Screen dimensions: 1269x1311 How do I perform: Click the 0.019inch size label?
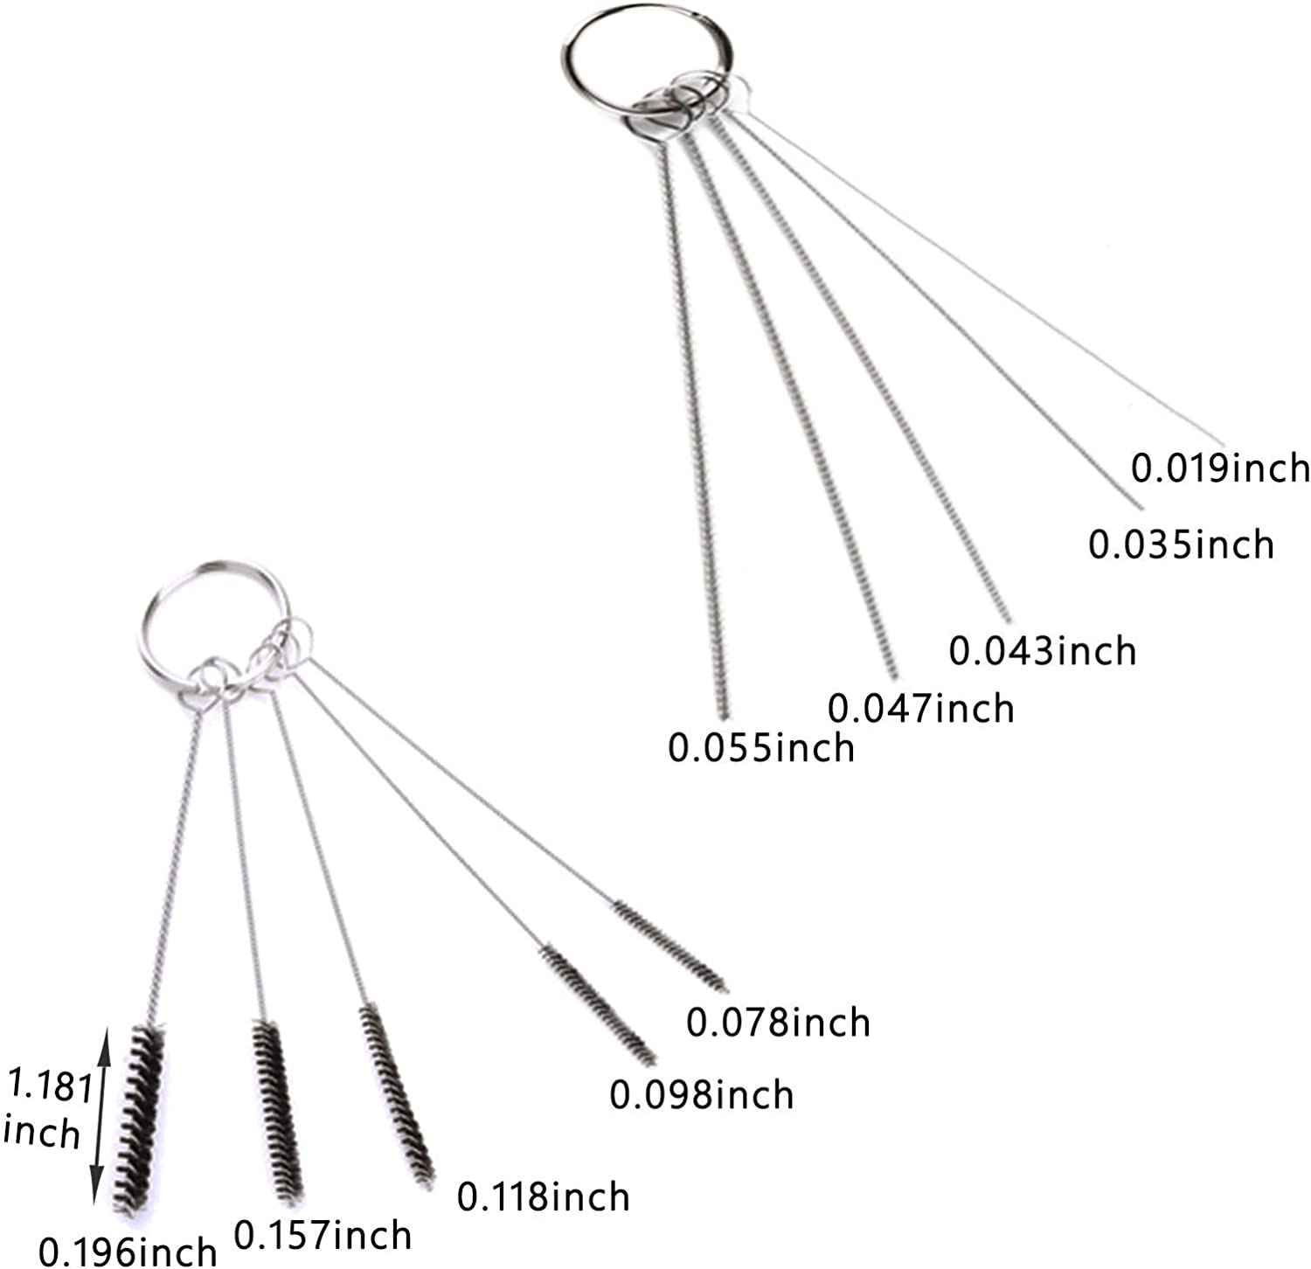(1220, 468)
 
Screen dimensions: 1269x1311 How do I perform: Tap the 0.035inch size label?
(1181, 544)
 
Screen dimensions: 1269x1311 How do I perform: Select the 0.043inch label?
(1042, 651)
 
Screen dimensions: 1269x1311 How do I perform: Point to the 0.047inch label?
(920, 708)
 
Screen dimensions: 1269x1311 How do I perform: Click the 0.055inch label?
(760, 748)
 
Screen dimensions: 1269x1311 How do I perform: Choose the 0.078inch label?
(778, 1023)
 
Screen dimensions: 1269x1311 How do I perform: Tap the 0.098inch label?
(701, 1095)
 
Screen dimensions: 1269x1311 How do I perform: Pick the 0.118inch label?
(543, 1196)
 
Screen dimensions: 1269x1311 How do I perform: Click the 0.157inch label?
(323, 1236)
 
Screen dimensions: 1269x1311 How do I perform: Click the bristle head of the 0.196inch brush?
(139, 1119)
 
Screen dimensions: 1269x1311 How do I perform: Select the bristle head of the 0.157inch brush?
(278, 1110)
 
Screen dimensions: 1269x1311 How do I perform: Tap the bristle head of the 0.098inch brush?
(598, 1004)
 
